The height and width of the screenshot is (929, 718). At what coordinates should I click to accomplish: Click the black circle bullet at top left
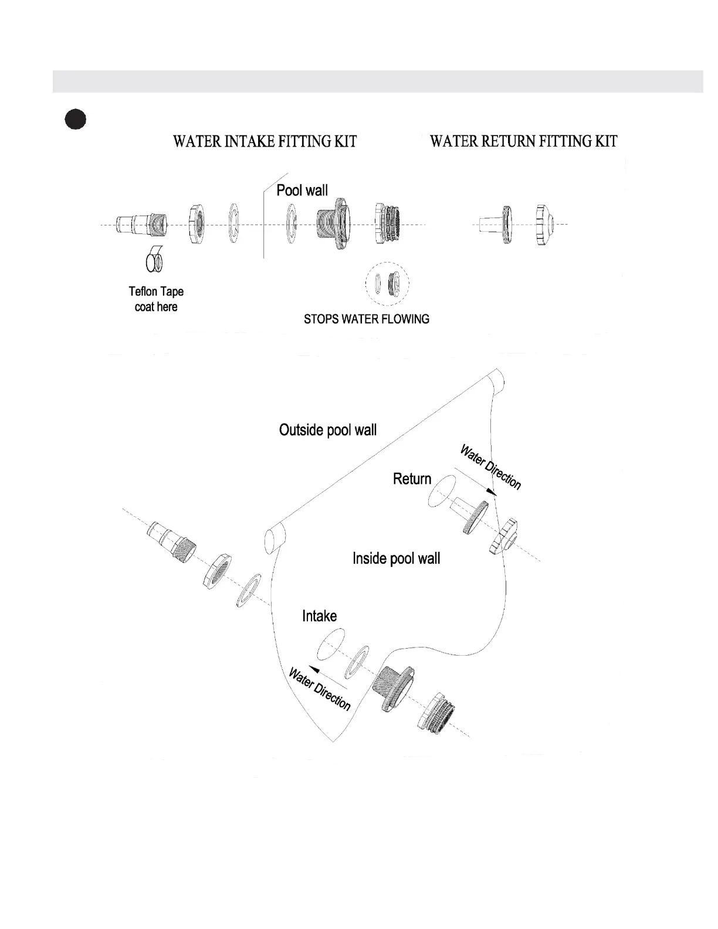pyautogui.click(x=75, y=119)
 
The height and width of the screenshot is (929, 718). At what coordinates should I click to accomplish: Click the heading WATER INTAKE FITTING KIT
pyautogui.click(x=265, y=141)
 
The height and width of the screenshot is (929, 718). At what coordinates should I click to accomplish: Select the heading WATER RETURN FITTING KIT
pyautogui.click(x=523, y=141)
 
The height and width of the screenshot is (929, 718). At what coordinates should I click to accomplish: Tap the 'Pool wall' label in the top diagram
pyautogui.click(x=302, y=190)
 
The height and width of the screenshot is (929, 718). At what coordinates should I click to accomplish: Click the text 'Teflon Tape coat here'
pyautogui.click(x=156, y=299)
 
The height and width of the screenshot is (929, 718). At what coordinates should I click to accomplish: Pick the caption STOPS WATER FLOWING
pyautogui.click(x=366, y=320)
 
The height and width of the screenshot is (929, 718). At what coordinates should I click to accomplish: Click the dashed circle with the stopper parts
pyautogui.click(x=387, y=284)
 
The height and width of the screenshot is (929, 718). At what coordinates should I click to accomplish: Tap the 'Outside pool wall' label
pyautogui.click(x=328, y=430)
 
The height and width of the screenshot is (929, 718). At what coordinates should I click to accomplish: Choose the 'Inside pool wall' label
pyautogui.click(x=396, y=558)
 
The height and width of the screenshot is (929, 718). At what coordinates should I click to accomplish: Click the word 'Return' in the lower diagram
pyautogui.click(x=412, y=479)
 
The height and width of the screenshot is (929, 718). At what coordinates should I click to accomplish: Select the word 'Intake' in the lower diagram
pyautogui.click(x=319, y=616)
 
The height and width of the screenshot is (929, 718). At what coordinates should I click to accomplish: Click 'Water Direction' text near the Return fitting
pyautogui.click(x=490, y=467)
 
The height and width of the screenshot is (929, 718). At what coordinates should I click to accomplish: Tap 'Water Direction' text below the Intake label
pyautogui.click(x=320, y=689)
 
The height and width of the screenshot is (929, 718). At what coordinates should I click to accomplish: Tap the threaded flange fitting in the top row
pyautogui.click(x=333, y=225)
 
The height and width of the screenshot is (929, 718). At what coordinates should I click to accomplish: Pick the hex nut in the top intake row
pyautogui.click(x=196, y=225)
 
